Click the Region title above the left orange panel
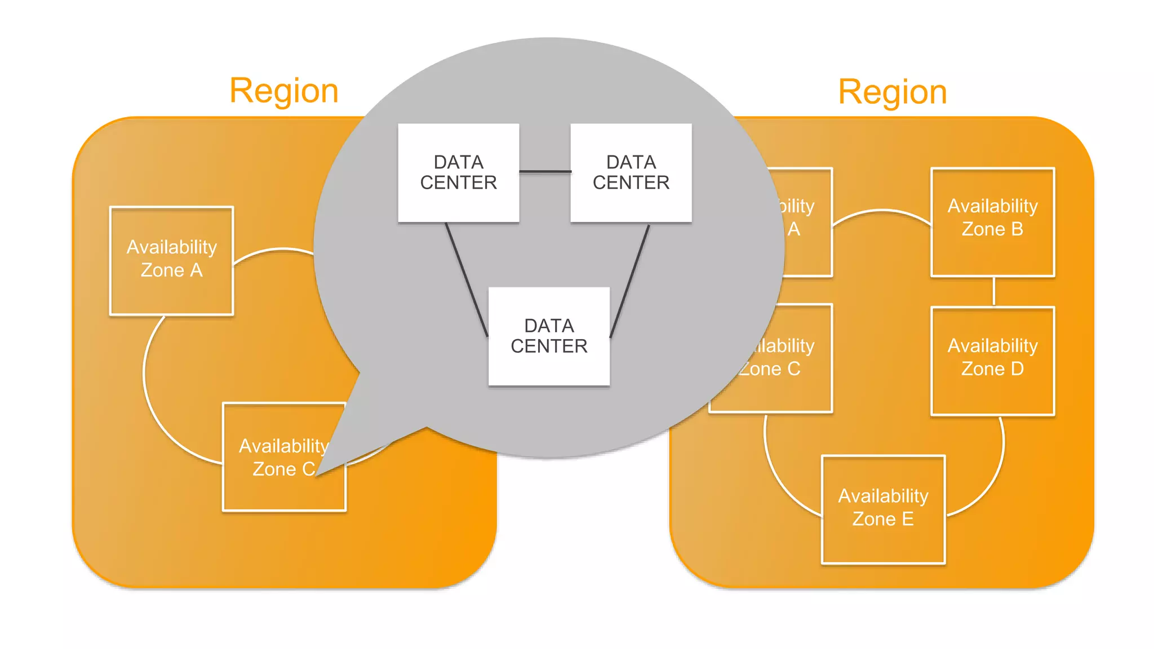click(283, 91)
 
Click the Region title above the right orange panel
click(892, 92)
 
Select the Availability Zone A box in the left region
click(171, 260)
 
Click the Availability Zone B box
click(992, 222)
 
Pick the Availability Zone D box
click(992, 361)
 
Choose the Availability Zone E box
click(883, 509)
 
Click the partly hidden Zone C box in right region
click(789, 389)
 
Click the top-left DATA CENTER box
click(458, 172)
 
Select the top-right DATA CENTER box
click(631, 172)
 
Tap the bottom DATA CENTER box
click(549, 336)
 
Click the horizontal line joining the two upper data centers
click(544, 171)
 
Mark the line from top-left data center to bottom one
click(467, 280)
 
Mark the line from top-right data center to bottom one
click(630, 280)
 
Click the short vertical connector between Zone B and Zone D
click(993, 291)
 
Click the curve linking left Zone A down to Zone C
click(148, 394)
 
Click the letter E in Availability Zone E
click(907, 519)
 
